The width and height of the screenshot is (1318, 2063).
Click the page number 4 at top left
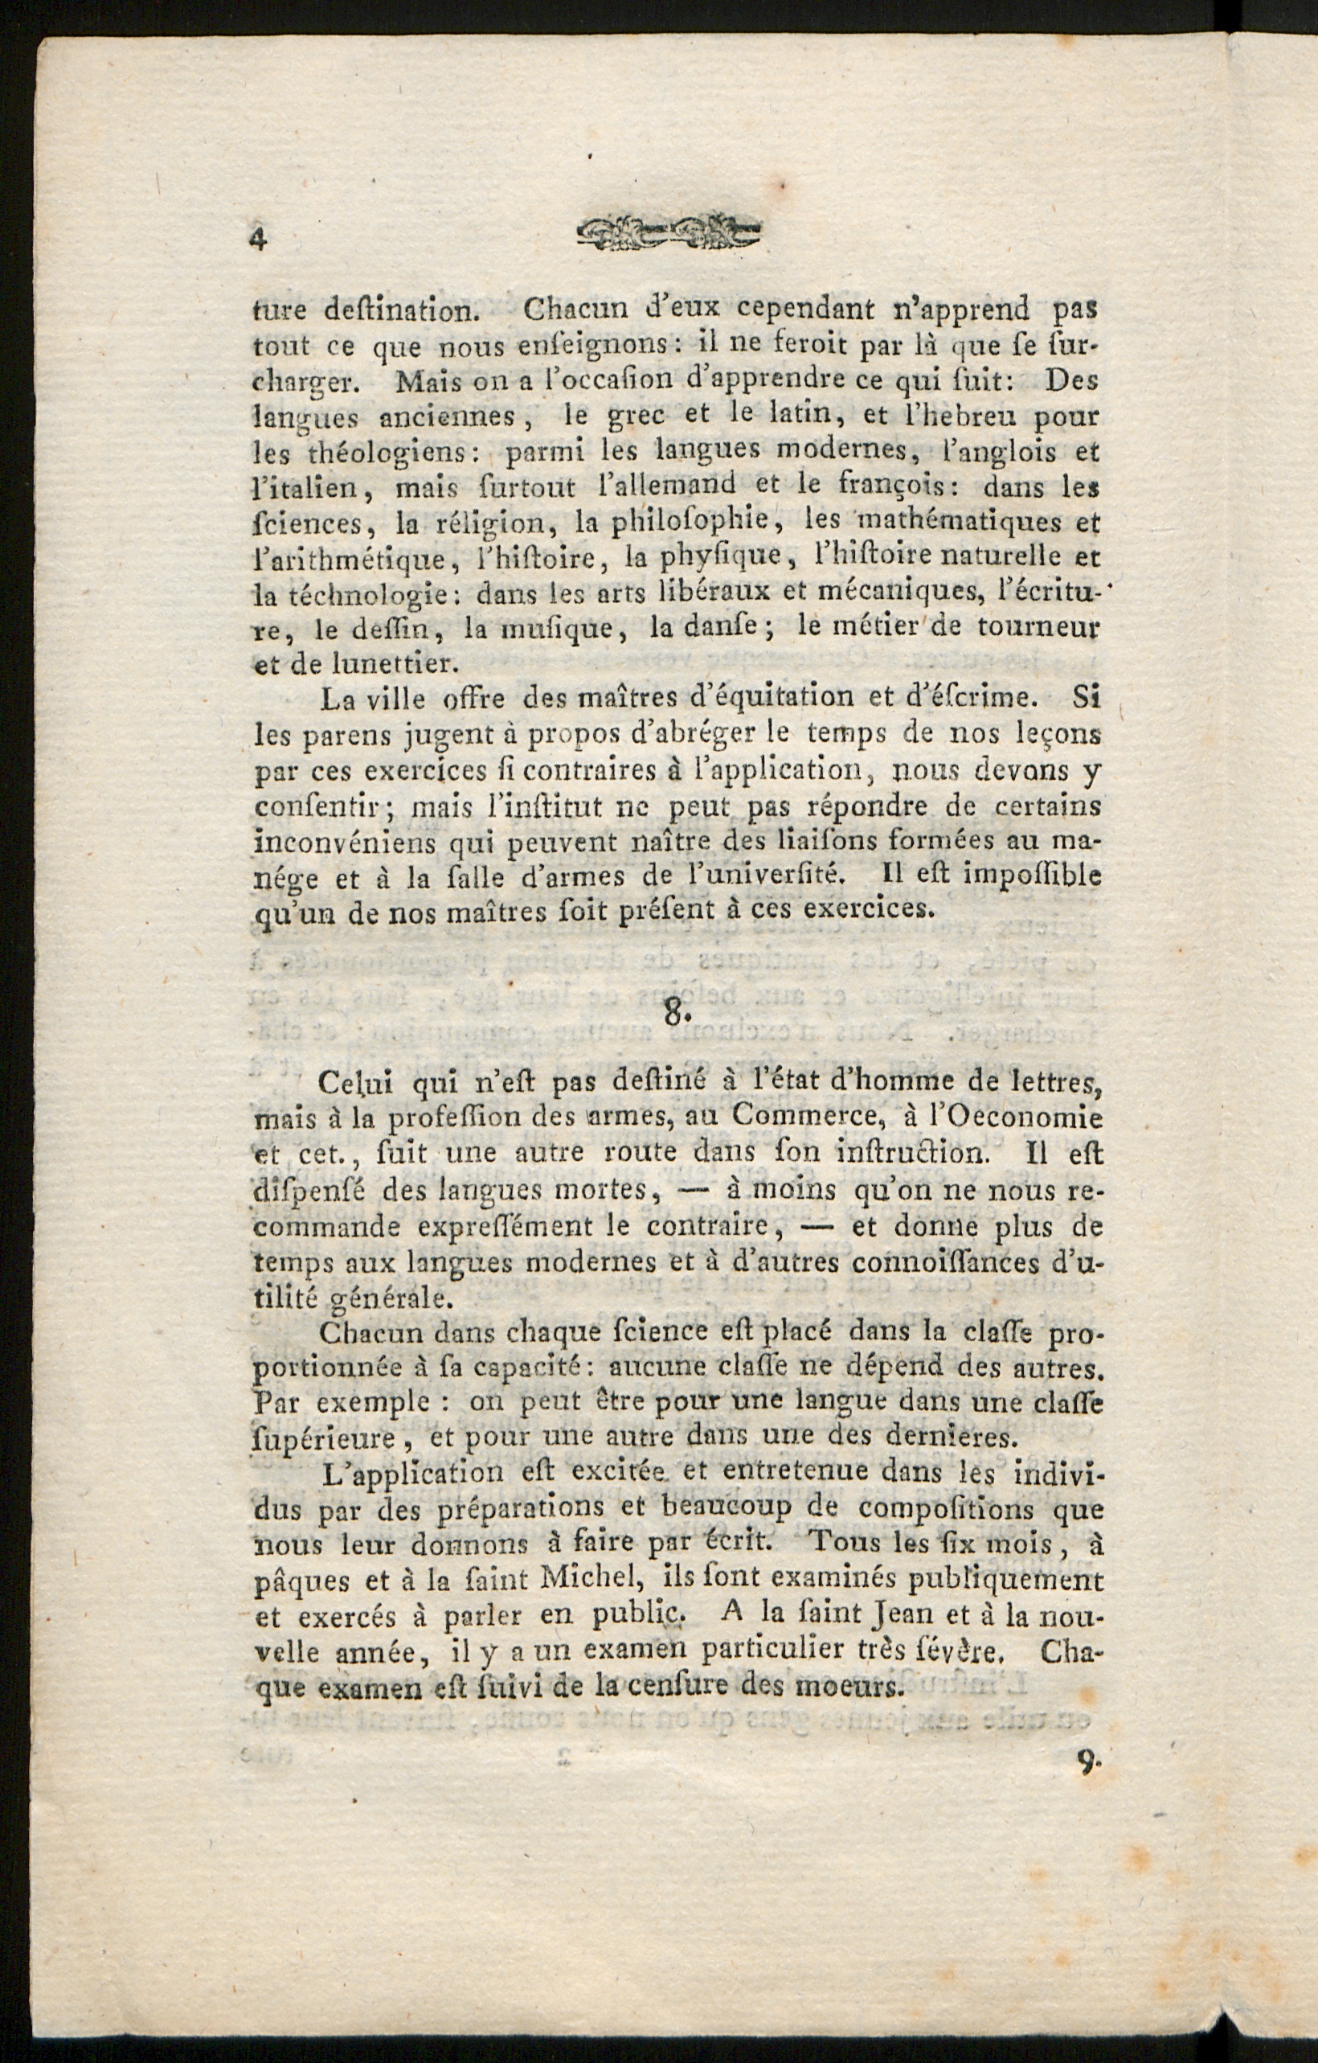(x=258, y=237)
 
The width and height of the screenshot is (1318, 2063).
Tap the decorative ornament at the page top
(x=669, y=231)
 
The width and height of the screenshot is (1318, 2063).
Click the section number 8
(x=676, y=1013)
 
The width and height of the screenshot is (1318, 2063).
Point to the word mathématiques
(x=952, y=520)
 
